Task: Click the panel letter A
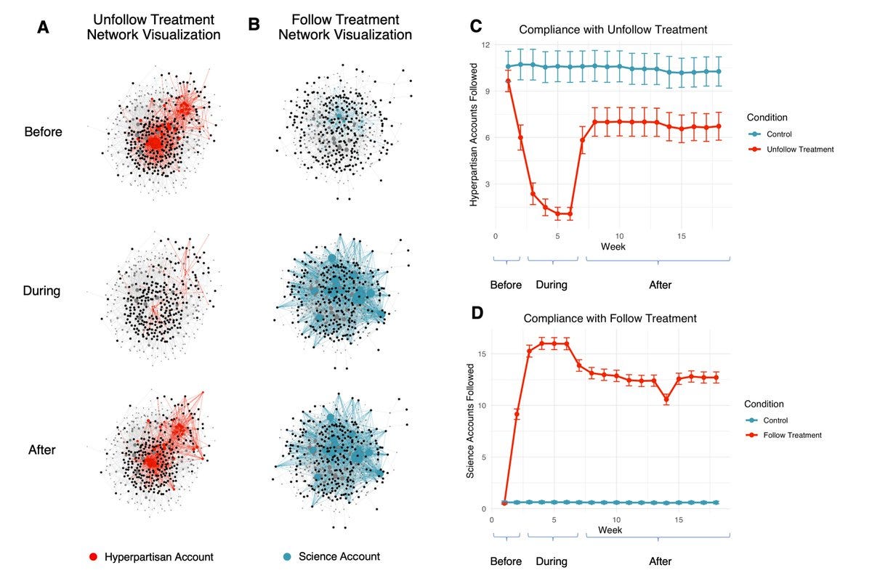[x=44, y=27]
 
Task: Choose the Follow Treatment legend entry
[x=785, y=435]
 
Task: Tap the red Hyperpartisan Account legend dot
[x=92, y=557]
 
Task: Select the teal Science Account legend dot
[x=288, y=556]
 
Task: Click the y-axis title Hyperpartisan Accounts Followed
[x=474, y=135]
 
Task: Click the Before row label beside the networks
[x=43, y=133]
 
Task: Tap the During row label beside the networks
[x=42, y=291]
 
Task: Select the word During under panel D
[x=551, y=561]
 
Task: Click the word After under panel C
[x=660, y=285]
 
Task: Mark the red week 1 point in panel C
[x=508, y=81]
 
